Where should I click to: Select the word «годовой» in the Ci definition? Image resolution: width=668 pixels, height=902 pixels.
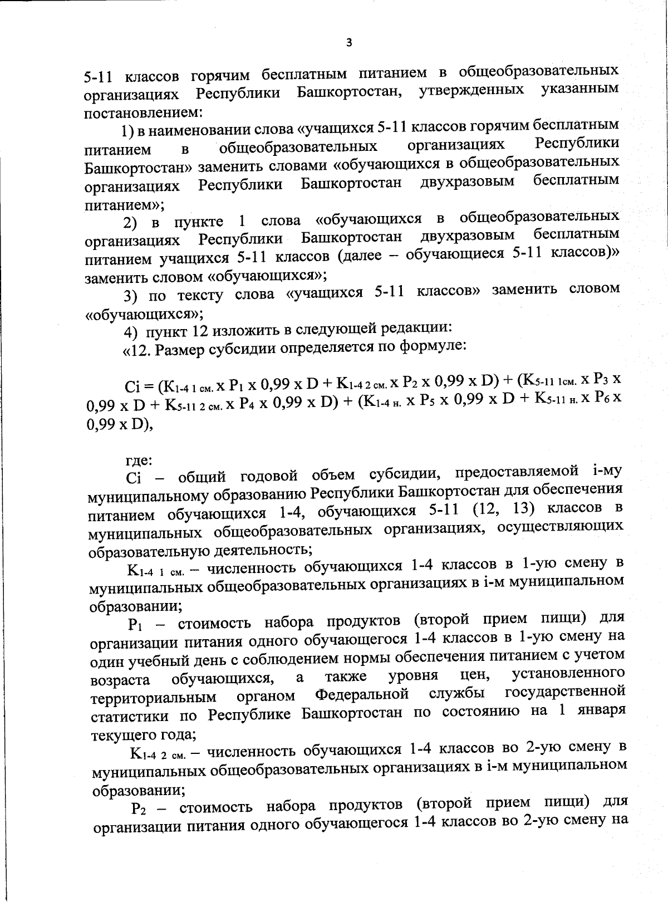click(x=266, y=477)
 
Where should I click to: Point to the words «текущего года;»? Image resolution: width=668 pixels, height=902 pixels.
click(x=143, y=734)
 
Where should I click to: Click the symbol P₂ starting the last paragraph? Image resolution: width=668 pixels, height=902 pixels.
click(x=139, y=808)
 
